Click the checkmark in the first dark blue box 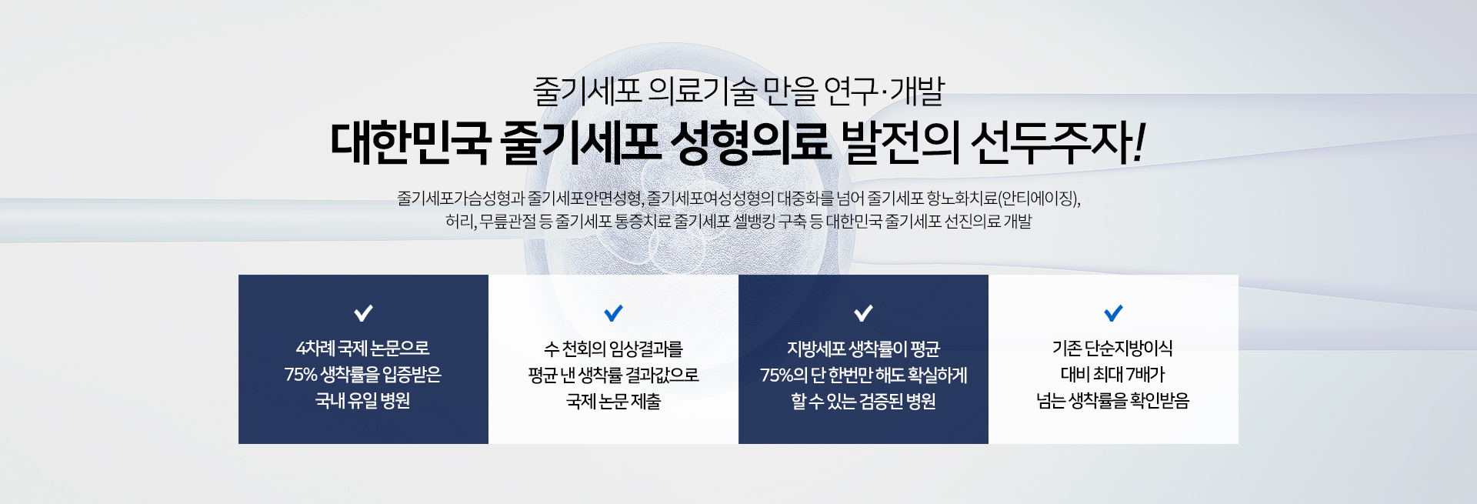click(363, 313)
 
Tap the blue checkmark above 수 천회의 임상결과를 click(613, 313)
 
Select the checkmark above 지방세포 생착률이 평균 click(863, 313)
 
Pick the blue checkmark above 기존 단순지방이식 click(1113, 313)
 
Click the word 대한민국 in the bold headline click(410, 143)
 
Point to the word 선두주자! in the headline click(1059, 143)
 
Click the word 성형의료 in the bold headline click(750, 143)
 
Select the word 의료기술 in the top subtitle click(702, 92)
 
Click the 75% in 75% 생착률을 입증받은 click(301, 375)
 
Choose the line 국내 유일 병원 click(363, 401)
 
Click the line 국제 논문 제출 click(613, 401)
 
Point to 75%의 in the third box click(784, 375)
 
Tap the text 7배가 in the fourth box click(1145, 375)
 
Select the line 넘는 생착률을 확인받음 click(1113, 401)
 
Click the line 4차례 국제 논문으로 click(363, 349)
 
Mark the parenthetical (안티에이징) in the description click(1039, 199)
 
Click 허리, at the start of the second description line click(461, 222)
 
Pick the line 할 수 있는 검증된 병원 click(863, 401)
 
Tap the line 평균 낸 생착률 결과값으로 click(613, 375)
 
